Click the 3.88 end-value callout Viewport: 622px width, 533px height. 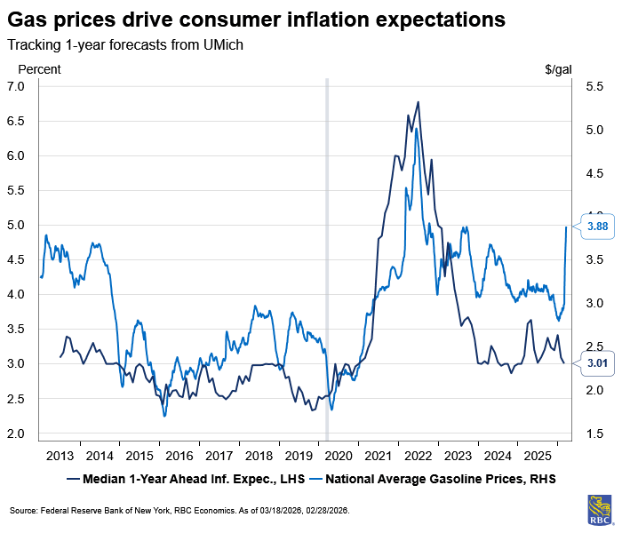pos(594,227)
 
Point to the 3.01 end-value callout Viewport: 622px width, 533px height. pos(594,362)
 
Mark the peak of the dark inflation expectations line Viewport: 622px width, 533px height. pos(418,102)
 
